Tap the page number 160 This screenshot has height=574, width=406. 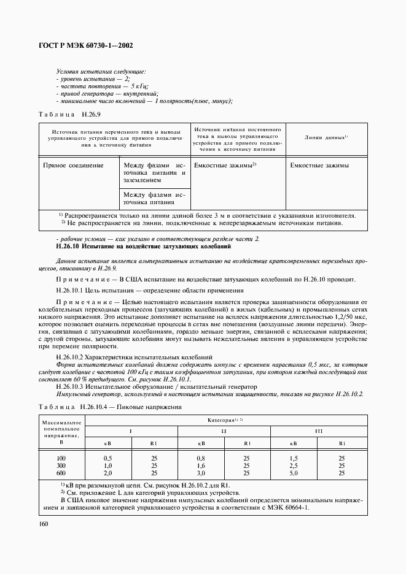[44, 523]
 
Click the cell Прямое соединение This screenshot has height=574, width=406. [73, 166]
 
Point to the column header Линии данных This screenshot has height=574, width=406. [326, 137]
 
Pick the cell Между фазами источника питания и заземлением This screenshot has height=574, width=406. [154, 174]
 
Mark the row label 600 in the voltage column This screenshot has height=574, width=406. [61, 473]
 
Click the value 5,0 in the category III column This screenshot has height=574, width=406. [294, 473]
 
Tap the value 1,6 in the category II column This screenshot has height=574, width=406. [200, 465]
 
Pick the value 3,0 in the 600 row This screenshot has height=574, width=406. [200, 473]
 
